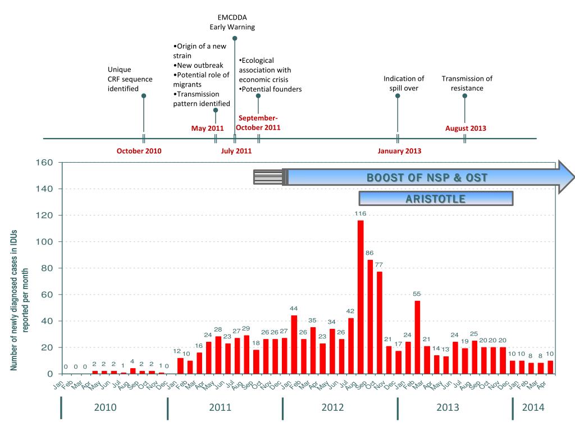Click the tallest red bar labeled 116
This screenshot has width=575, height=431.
(360, 297)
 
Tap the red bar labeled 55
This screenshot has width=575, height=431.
(418, 337)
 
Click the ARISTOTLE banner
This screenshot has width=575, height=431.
(436, 199)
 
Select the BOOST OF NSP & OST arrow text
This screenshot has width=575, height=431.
(427, 178)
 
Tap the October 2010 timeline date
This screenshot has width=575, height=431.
(139, 151)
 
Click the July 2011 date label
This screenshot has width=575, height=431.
(236, 151)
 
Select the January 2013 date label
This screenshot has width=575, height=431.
(399, 151)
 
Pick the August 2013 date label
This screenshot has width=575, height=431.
(466, 128)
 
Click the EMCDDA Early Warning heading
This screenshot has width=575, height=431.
(232, 22)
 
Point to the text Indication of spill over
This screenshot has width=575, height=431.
(404, 83)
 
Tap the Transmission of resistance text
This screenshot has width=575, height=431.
(467, 83)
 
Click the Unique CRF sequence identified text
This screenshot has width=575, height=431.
(130, 79)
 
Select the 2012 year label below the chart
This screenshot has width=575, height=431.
(332, 407)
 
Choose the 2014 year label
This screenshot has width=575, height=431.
(533, 407)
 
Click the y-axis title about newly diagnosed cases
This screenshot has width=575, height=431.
(19, 300)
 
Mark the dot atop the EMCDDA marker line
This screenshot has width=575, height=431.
(235, 38)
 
